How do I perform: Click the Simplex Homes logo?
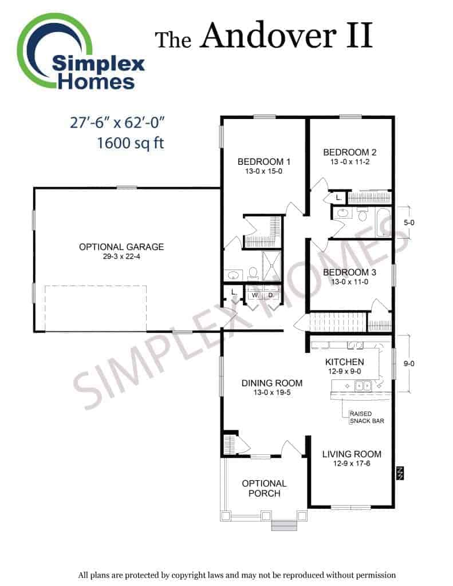point(80,52)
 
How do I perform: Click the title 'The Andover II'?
point(263,36)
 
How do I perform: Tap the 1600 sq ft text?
point(130,142)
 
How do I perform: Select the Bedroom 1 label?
point(263,162)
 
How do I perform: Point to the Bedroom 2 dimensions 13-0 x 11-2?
point(350,162)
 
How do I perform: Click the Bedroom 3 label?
point(349,272)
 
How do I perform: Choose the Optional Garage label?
point(121,247)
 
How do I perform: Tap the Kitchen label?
point(345,362)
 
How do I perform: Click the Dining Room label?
point(272,383)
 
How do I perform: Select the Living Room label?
point(352,454)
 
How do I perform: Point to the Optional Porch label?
point(265,488)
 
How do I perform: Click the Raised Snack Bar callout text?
point(367,417)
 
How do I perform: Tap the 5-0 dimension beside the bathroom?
point(409,223)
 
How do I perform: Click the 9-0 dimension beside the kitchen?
point(409,363)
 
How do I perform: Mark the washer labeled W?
point(255,295)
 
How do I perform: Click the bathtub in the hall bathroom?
point(384,223)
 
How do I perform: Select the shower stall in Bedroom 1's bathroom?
point(271,266)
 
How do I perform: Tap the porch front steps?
point(284,525)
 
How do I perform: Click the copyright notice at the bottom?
point(237,575)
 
